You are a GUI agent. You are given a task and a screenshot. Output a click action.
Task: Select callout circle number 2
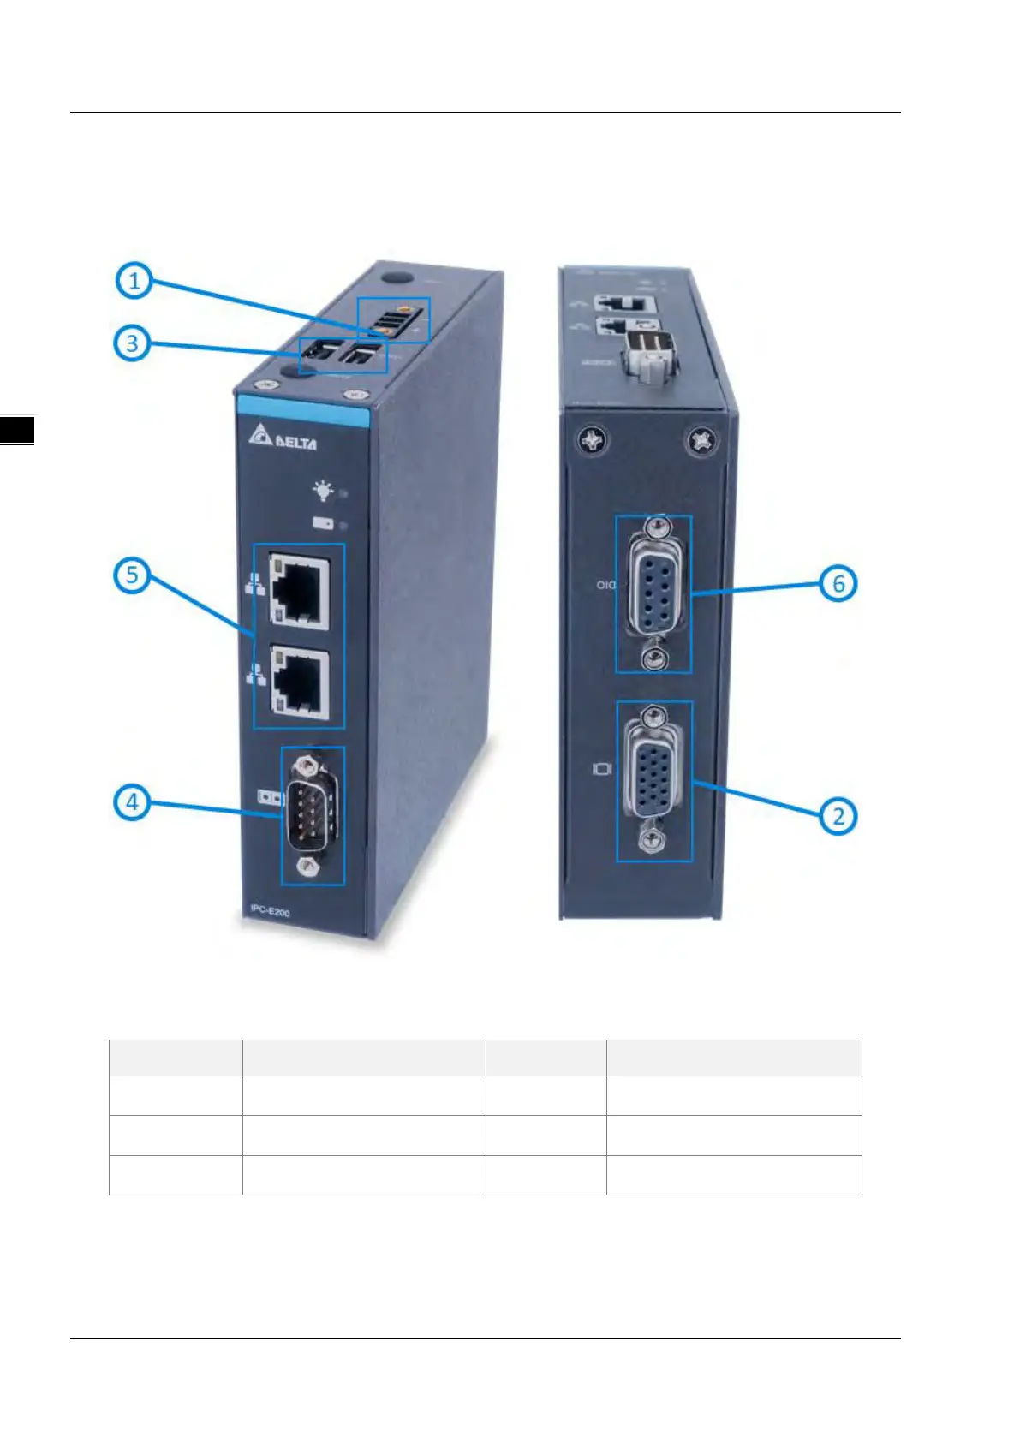pyautogui.click(x=838, y=815)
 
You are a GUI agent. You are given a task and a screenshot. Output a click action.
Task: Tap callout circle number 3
pyautogui.click(x=132, y=343)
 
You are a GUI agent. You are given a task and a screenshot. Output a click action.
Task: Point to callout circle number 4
pyautogui.click(x=132, y=802)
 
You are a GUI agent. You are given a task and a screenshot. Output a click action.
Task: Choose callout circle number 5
pyautogui.click(x=132, y=575)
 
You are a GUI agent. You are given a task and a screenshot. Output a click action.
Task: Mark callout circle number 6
pyautogui.click(x=838, y=584)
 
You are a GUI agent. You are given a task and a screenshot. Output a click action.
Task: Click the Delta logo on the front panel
pyautogui.click(x=283, y=439)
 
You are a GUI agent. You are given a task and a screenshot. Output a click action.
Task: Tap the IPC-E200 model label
pyautogui.click(x=270, y=912)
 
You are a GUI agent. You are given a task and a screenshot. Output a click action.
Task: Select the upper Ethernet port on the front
pyautogui.click(x=299, y=590)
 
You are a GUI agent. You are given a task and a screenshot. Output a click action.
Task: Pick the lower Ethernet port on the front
pyautogui.click(x=299, y=682)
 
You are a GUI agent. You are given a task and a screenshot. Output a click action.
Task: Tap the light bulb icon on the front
pyautogui.click(x=323, y=491)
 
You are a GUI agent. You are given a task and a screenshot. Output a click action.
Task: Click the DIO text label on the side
pyautogui.click(x=606, y=586)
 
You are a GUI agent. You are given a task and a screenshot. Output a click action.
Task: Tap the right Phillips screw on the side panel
pyautogui.click(x=702, y=441)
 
